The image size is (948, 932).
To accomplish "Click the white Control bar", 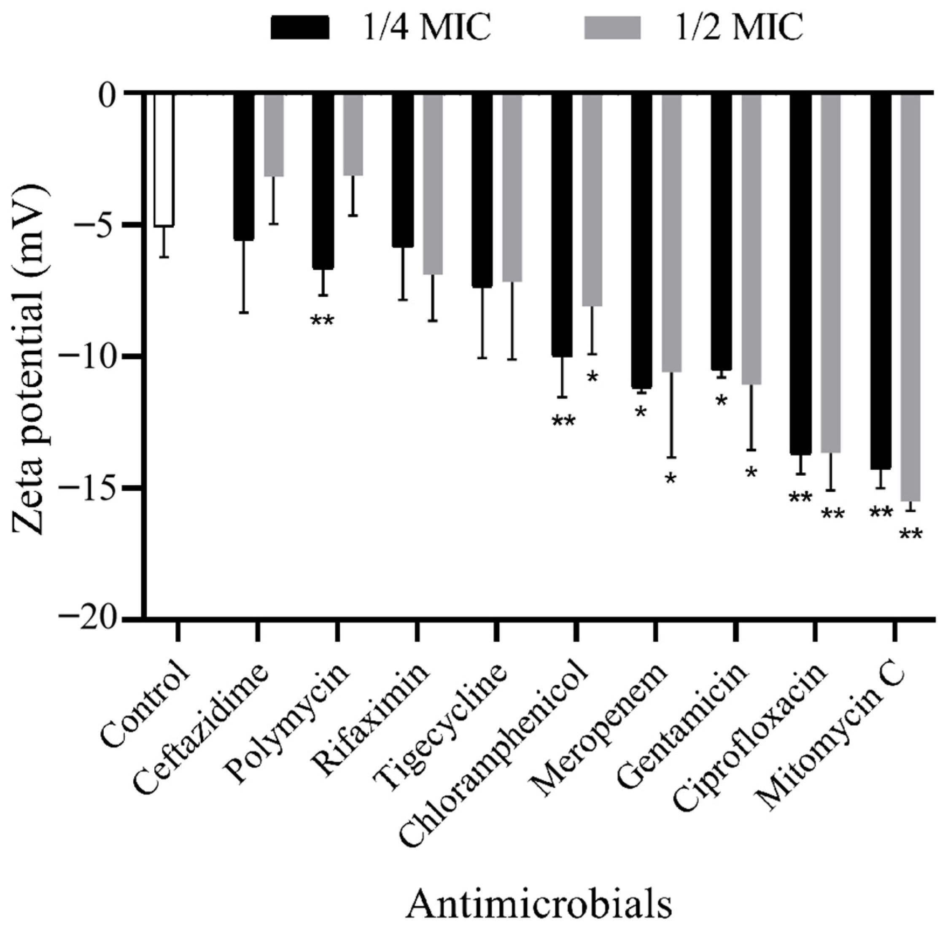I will [x=164, y=159].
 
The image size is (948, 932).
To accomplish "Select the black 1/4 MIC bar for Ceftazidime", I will [x=244, y=167].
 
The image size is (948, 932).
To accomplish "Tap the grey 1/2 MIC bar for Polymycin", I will [x=353, y=135].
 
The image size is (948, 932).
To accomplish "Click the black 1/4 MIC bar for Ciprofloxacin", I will [x=801, y=274].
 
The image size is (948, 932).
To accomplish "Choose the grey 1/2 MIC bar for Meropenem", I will [x=671, y=232].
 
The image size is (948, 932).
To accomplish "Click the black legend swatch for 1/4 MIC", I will [x=300, y=27].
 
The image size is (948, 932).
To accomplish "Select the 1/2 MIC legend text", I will [x=729, y=27].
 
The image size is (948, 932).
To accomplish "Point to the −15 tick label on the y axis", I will [x=93, y=488].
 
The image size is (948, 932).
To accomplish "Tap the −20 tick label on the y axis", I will [x=93, y=619].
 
